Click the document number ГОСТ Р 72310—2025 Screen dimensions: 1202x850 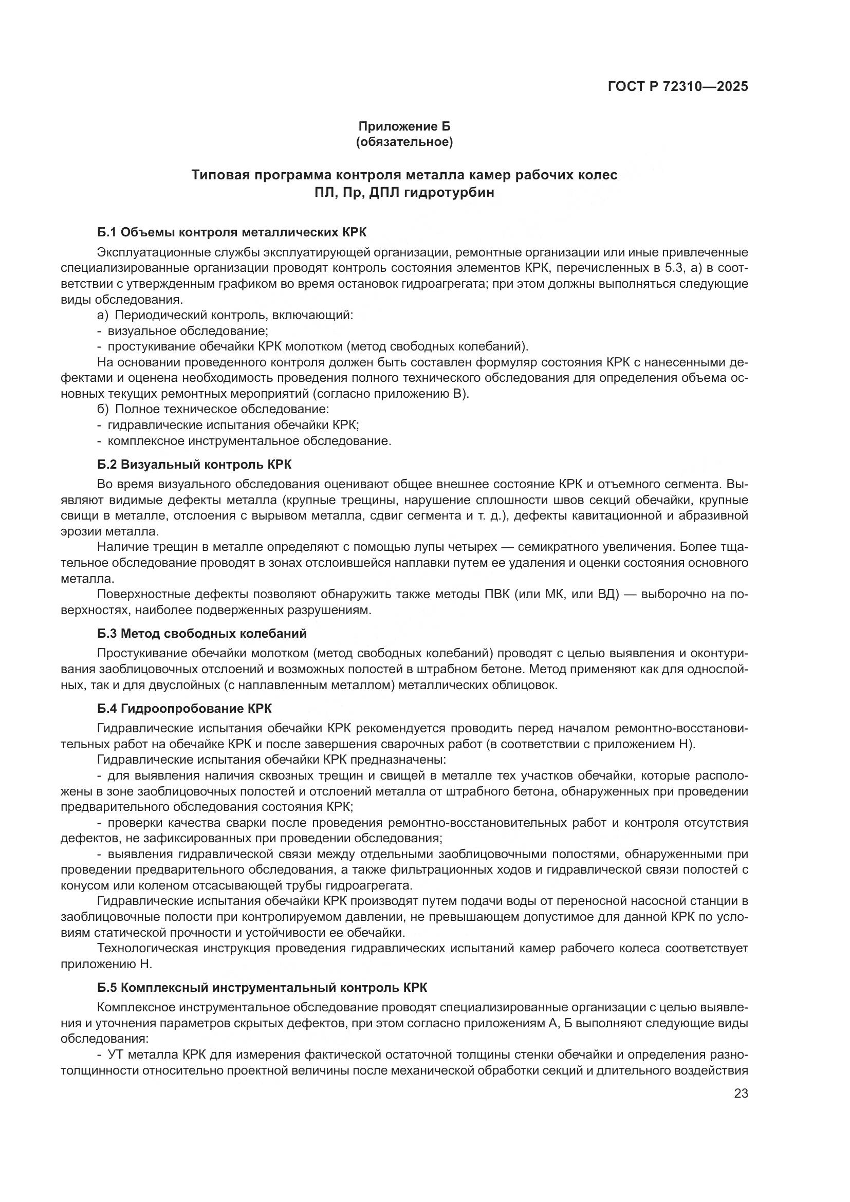(678, 87)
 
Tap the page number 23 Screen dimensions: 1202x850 (741, 1093)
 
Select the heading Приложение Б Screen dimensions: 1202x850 (404, 126)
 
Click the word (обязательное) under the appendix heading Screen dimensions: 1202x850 (404, 142)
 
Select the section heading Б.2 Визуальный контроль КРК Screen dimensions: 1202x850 (194, 465)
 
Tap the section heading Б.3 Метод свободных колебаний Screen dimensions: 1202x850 (201, 634)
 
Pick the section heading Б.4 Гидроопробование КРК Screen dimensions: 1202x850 (184, 708)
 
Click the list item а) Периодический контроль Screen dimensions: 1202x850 (225, 315)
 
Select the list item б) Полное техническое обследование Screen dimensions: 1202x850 (213, 409)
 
